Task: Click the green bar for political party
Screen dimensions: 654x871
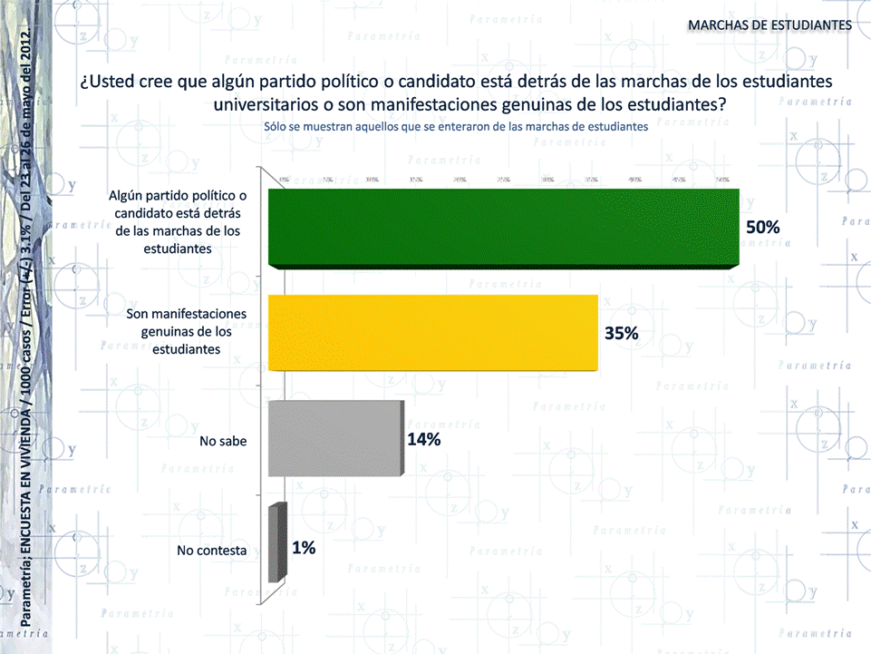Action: point(504,228)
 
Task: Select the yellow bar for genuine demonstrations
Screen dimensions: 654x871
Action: point(433,333)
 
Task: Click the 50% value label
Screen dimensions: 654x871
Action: point(762,227)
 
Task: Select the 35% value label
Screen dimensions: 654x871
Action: point(622,333)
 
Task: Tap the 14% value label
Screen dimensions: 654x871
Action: point(424,440)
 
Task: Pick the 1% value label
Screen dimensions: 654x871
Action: point(304,547)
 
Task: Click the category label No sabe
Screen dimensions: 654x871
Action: point(223,442)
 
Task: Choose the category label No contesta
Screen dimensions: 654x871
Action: point(212,550)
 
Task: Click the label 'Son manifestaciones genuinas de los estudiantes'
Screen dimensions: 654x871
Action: point(186,331)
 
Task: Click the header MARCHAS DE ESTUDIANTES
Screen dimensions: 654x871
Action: point(769,24)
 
